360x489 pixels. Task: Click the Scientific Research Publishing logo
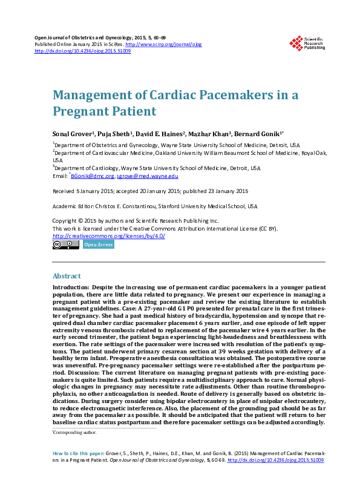[307, 43]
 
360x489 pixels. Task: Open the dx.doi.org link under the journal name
[82, 51]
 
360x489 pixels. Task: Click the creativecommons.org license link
[109, 236]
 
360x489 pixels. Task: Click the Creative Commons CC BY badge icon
[65, 245]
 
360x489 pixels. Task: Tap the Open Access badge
[98, 245]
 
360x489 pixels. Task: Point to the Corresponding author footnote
[75, 433]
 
